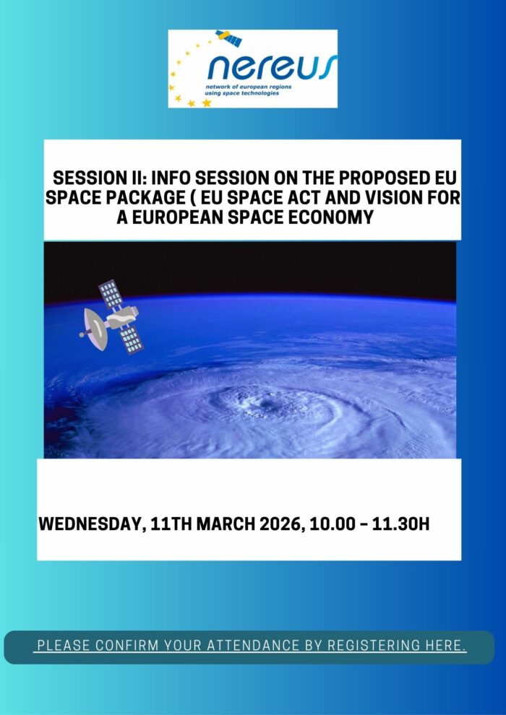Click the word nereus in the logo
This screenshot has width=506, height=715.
coord(273,67)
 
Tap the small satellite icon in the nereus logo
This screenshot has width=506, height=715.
coord(228,38)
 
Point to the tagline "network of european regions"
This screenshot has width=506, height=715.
coord(249,87)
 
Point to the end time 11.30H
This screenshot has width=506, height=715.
coord(400,524)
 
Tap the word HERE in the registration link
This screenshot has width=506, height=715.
coord(444,646)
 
